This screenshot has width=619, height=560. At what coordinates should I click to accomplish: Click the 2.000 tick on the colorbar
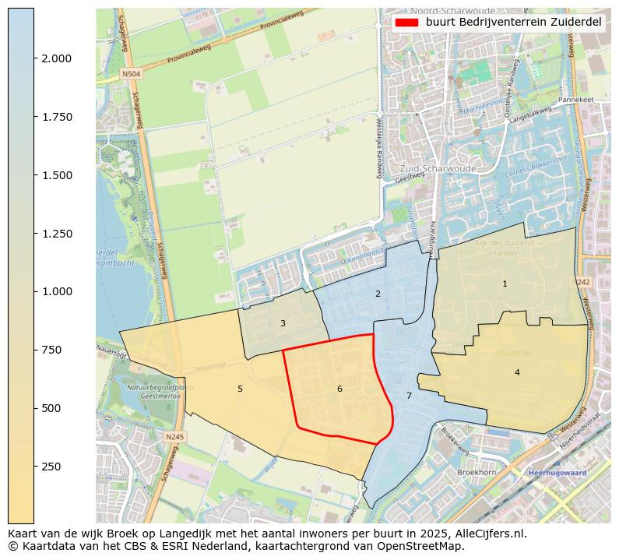(x=56, y=58)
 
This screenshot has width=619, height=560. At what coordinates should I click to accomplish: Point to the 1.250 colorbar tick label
(x=56, y=234)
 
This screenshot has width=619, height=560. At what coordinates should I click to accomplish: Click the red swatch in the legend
(x=406, y=23)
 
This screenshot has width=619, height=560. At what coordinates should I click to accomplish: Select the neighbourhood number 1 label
(x=505, y=284)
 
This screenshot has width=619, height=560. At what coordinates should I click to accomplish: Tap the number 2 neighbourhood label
(x=378, y=294)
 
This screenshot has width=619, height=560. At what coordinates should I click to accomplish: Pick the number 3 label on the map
(x=283, y=323)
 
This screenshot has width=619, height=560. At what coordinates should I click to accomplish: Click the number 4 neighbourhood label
(x=517, y=372)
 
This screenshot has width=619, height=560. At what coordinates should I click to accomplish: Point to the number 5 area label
(x=240, y=389)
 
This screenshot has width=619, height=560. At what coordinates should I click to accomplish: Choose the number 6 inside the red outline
(x=339, y=389)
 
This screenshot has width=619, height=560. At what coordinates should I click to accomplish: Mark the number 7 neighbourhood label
(x=409, y=396)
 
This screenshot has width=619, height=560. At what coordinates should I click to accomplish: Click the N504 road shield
(x=131, y=75)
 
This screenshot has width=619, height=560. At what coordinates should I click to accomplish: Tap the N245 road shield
(x=175, y=437)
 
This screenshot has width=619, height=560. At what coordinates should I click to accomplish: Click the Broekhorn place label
(x=477, y=473)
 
